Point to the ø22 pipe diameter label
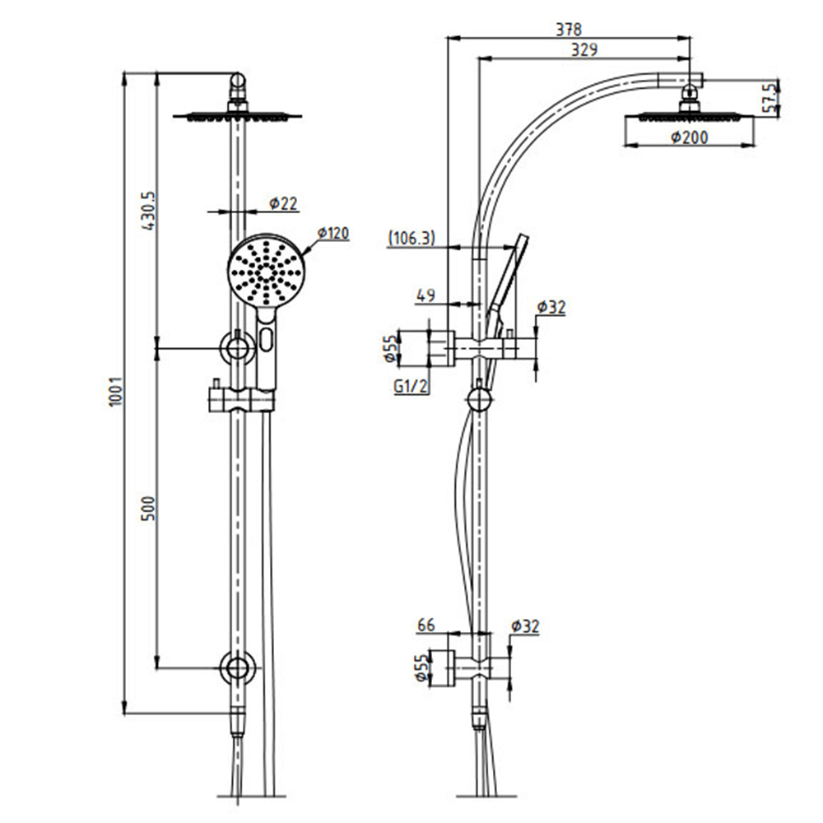(282, 203)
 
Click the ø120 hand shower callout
(332, 234)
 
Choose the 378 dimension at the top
(565, 29)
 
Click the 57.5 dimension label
(769, 99)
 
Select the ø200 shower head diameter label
(689, 138)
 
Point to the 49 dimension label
(425, 295)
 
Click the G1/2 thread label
(411, 386)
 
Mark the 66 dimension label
(425, 626)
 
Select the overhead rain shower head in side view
(690, 118)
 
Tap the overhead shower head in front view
(237, 115)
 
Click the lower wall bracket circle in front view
(237, 667)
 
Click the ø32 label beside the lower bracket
(528, 626)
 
